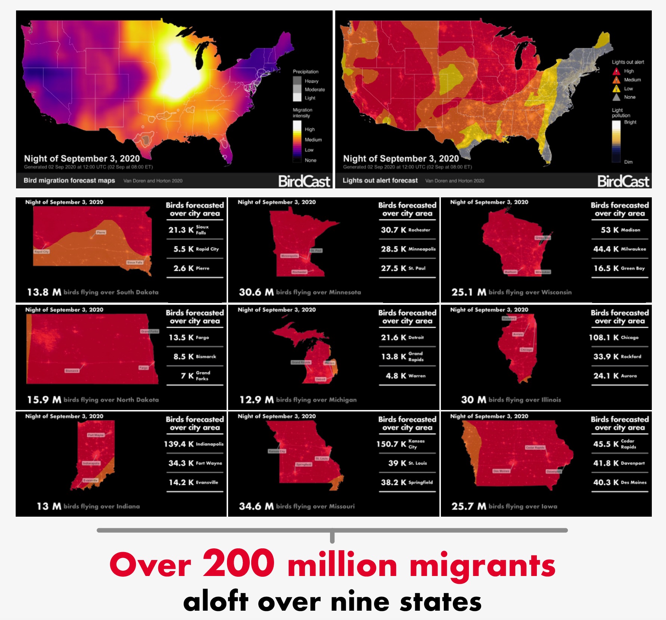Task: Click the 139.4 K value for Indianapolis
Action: click(x=179, y=444)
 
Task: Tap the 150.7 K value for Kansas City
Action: click(x=391, y=444)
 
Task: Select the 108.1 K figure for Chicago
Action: click(x=604, y=338)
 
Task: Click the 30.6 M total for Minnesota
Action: click(x=256, y=292)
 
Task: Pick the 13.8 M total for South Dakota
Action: click(x=44, y=292)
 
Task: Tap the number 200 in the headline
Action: click(x=239, y=563)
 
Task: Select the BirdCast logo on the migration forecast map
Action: click(x=304, y=181)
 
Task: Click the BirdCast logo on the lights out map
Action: click(x=623, y=181)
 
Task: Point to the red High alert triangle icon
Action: click(x=616, y=71)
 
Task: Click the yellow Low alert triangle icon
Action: click(x=616, y=89)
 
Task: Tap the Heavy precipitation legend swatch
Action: click(x=297, y=81)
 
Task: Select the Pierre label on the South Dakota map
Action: click(x=101, y=232)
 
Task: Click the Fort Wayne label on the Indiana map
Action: click(x=96, y=435)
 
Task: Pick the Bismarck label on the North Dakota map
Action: click(x=72, y=371)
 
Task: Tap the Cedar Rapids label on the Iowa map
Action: click(x=535, y=447)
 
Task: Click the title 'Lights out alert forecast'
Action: click(x=380, y=181)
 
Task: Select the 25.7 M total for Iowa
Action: click(x=469, y=506)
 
